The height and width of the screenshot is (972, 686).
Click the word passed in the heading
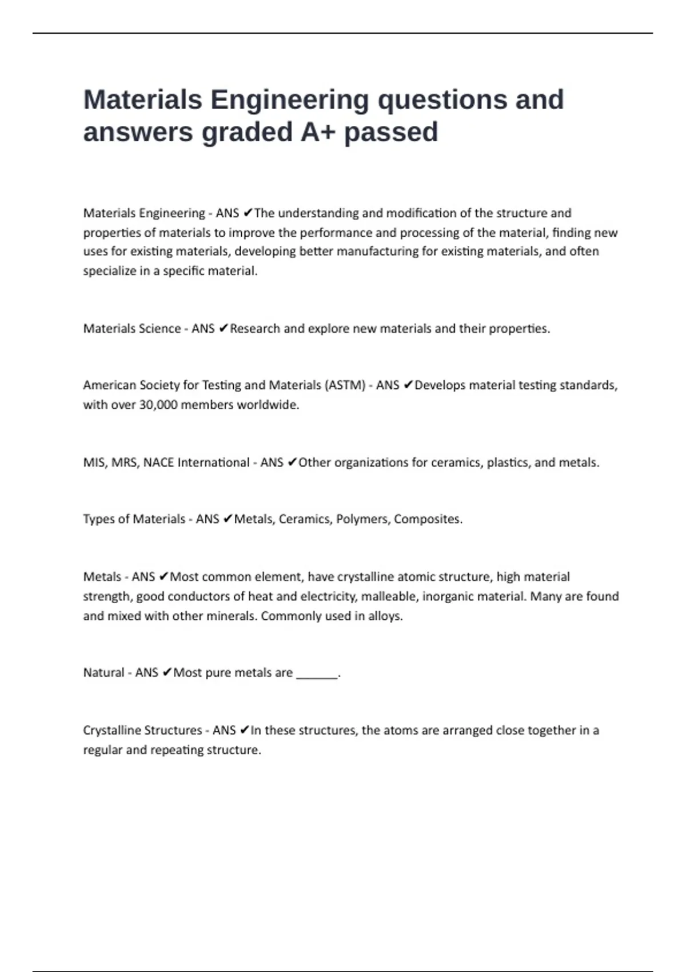(x=391, y=132)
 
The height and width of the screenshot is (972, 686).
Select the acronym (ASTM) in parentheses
(x=345, y=385)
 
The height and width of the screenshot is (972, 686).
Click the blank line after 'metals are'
(x=317, y=674)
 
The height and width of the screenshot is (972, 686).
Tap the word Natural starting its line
(x=103, y=673)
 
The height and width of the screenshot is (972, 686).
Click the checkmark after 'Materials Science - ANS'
(x=223, y=329)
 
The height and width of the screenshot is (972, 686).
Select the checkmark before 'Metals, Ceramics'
(x=227, y=519)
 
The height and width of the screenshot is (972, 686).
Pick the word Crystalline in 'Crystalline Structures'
(x=111, y=731)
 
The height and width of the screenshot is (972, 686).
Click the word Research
(x=255, y=329)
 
